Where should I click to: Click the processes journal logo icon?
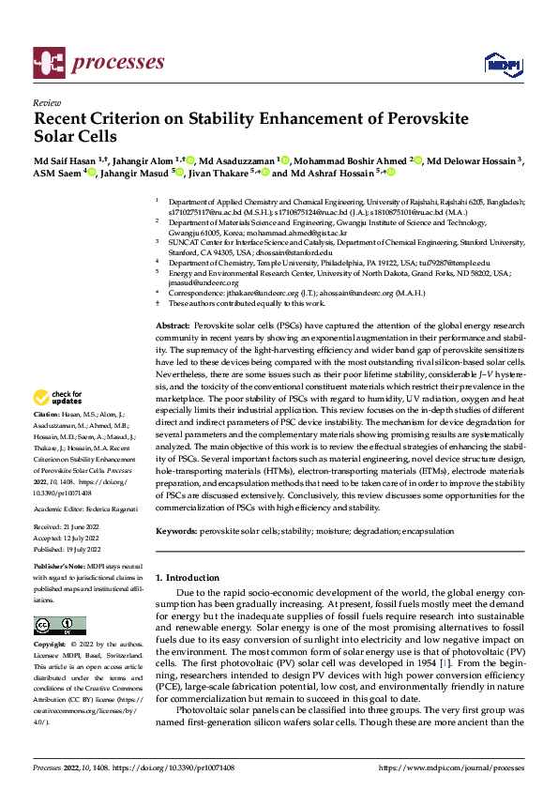coord(49,61)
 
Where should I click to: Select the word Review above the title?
coord(46,103)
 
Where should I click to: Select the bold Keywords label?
coord(178,531)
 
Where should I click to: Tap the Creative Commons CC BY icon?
coord(60,625)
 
